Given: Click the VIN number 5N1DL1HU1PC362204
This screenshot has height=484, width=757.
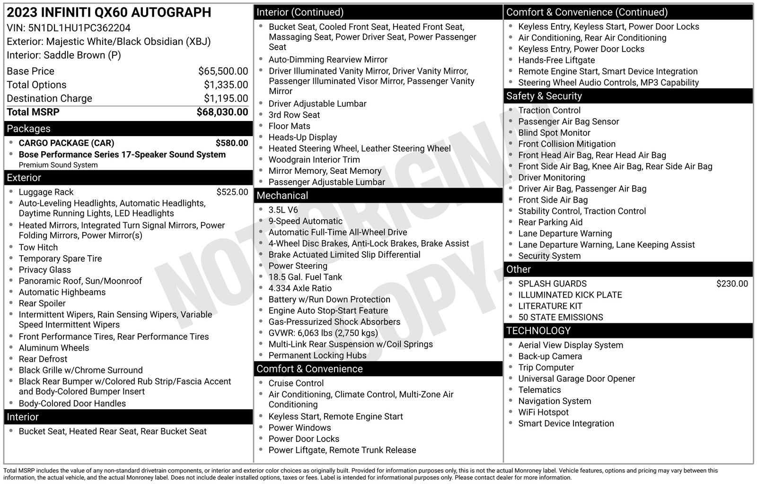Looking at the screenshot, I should tap(79, 28).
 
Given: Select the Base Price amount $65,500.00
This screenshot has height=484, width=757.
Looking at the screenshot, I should tap(223, 71).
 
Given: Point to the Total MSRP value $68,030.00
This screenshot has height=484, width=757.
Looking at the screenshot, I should tap(222, 112).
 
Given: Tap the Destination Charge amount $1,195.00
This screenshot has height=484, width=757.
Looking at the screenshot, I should tap(226, 98).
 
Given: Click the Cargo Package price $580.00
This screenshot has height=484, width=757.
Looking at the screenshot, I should tap(231, 143).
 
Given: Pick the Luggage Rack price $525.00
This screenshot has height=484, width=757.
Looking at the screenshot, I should tap(232, 192).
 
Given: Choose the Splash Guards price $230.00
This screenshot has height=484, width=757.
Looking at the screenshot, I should tap(731, 284).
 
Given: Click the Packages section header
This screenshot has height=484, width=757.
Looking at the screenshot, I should tap(28, 129).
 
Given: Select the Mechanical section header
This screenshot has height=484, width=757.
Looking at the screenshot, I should tap(282, 196).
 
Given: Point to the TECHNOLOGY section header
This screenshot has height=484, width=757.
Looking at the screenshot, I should tap(538, 331).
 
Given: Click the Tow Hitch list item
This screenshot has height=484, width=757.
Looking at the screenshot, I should tap(38, 247).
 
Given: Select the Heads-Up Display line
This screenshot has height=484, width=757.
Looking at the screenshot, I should tap(303, 137).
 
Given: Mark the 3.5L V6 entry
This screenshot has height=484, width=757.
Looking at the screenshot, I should tap(283, 210).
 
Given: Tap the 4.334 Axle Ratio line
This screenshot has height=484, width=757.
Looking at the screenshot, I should tap(300, 288).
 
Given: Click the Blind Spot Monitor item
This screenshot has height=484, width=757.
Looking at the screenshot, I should tap(554, 133).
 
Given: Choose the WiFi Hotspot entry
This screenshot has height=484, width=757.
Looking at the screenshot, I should tap(543, 412).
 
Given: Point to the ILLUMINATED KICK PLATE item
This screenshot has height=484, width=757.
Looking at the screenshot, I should tap(570, 295).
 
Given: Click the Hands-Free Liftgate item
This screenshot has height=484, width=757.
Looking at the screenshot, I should tap(556, 60).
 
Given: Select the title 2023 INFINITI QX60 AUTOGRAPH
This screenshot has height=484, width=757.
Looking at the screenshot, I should tap(109, 12).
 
